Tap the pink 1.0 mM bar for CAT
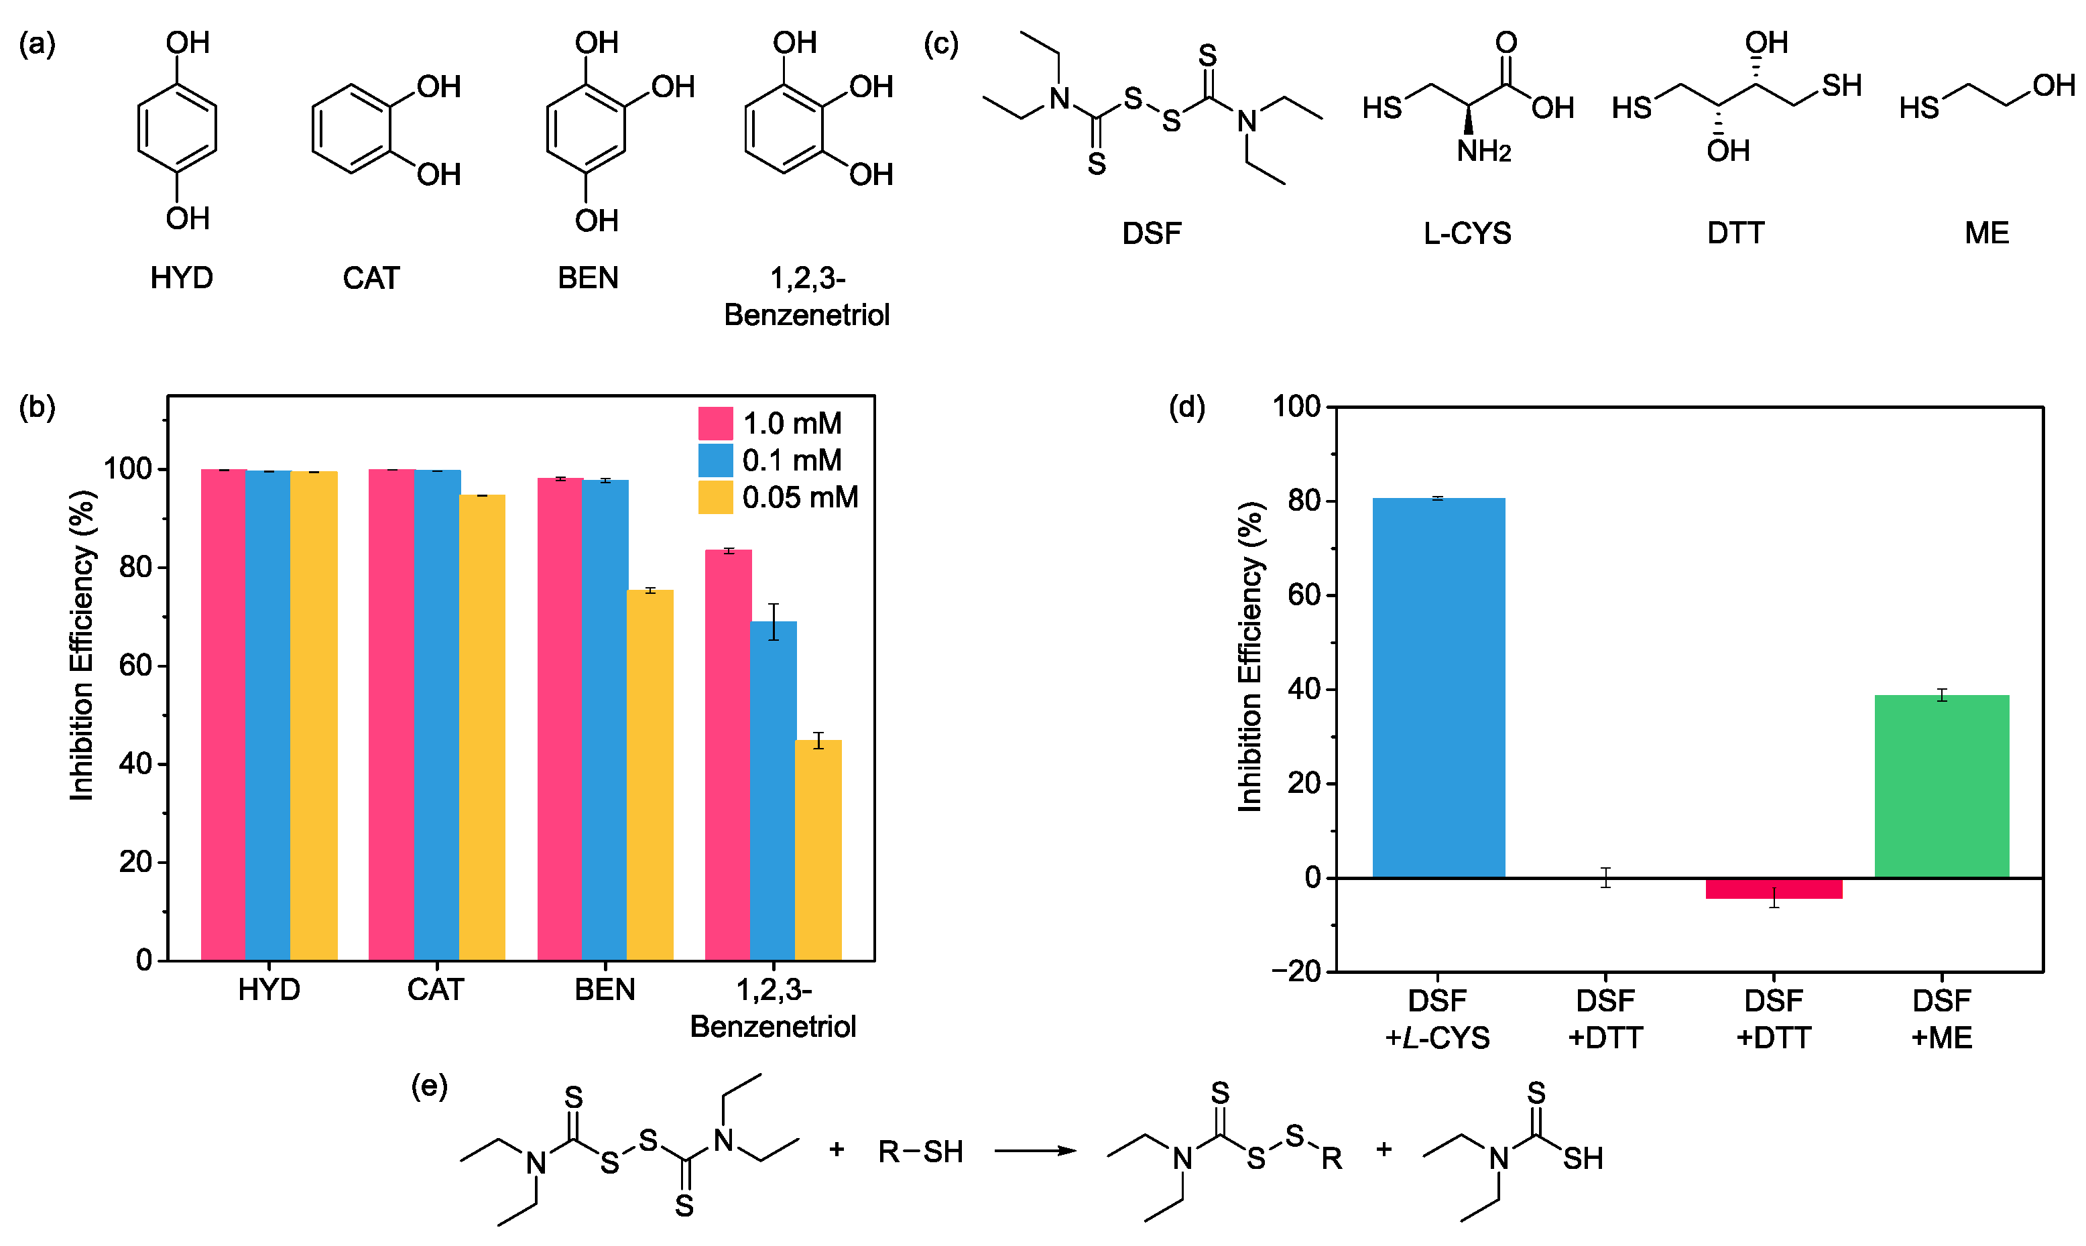click(391, 714)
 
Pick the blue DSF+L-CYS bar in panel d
click(1438, 688)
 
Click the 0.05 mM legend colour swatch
click(715, 497)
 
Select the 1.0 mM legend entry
click(792, 423)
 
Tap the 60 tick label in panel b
click(135, 666)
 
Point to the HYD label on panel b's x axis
click(269, 989)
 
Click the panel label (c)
click(941, 44)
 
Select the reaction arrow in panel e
click(1035, 1150)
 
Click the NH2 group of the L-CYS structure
click(1483, 151)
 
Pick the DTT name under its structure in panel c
click(1735, 233)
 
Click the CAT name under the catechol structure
click(371, 278)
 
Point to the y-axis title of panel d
click(1250, 657)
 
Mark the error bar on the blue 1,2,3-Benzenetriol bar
click(773, 621)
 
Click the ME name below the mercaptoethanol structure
click(1986, 233)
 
